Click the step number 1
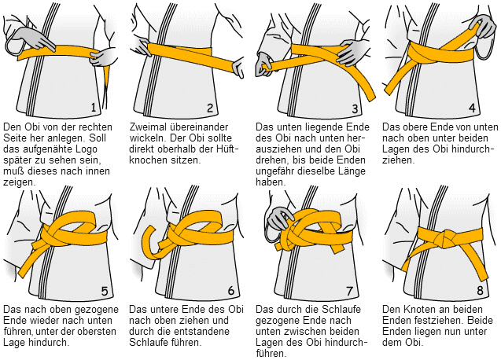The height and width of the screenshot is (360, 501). pos(94,107)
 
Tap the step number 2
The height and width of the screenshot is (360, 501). pos(210,107)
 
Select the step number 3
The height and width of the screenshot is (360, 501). pos(355,108)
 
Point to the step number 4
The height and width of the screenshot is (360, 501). pos(472,108)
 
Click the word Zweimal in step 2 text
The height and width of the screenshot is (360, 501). pos(149,126)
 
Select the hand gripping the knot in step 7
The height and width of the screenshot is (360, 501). pos(279,220)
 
